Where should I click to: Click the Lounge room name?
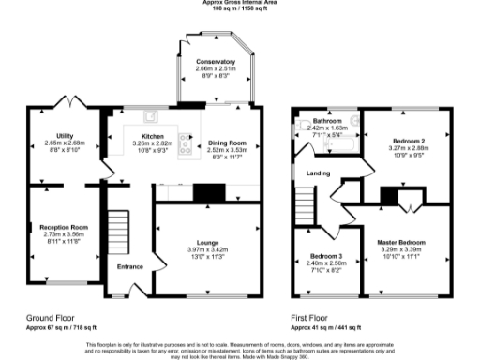(209, 242)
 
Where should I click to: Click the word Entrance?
(129, 267)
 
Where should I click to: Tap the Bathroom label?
(326, 121)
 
